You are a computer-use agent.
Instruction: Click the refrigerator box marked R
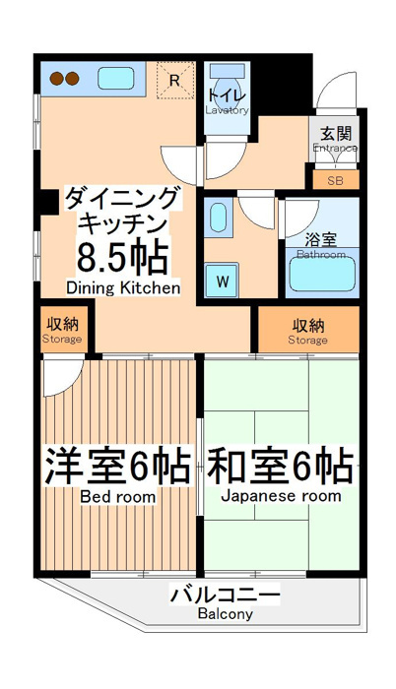(175, 80)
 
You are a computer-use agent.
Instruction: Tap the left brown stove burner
(57, 79)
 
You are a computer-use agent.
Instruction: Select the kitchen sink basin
(115, 79)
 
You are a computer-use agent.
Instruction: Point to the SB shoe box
(336, 180)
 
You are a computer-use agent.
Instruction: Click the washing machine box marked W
(223, 280)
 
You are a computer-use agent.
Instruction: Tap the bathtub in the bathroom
(322, 274)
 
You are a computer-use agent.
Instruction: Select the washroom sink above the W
(218, 218)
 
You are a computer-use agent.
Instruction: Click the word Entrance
(335, 148)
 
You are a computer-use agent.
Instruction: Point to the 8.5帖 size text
(123, 257)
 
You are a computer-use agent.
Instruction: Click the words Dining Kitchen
(123, 287)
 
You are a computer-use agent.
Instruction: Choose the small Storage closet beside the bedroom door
(62, 329)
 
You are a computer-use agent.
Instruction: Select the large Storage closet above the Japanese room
(308, 330)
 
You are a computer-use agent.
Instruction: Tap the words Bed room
(118, 497)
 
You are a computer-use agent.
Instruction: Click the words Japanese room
(281, 496)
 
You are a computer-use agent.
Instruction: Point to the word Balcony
(226, 613)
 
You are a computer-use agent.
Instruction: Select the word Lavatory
(227, 110)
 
